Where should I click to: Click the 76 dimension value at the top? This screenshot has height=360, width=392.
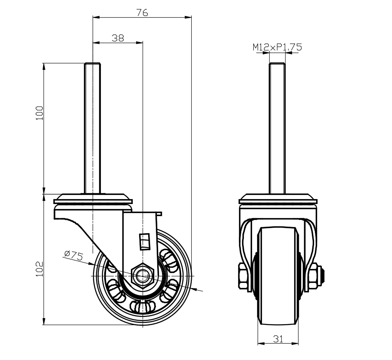[x=142, y=13]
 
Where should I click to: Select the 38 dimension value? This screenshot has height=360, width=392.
[x=118, y=38]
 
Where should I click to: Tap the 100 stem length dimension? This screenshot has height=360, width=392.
[x=40, y=113]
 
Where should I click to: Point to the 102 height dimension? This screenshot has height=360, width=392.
[x=40, y=269]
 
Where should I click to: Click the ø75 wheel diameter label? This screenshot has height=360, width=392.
[x=74, y=255]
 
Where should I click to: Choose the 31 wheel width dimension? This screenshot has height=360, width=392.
[x=278, y=339]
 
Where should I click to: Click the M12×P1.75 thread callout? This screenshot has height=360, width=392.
[x=277, y=47]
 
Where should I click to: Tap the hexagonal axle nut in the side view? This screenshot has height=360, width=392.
[x=143, y=276]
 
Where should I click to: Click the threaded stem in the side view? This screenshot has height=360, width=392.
[x=93, y=128]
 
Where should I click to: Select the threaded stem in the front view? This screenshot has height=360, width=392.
[x=277, y=128]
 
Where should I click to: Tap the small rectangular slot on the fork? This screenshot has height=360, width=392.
[x=145, y=242]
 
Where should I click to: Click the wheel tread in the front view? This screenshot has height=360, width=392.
[x=278, y=275]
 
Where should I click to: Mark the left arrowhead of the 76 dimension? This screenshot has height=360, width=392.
[x=96, y=17]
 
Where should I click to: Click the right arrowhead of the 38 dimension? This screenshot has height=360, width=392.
[x=140, y=43]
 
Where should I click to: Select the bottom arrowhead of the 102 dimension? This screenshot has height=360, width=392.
[x=44, y=321]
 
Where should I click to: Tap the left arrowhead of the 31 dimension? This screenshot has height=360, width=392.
[x=261, y=344]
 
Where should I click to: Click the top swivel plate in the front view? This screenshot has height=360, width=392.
[x=278, y=199]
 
